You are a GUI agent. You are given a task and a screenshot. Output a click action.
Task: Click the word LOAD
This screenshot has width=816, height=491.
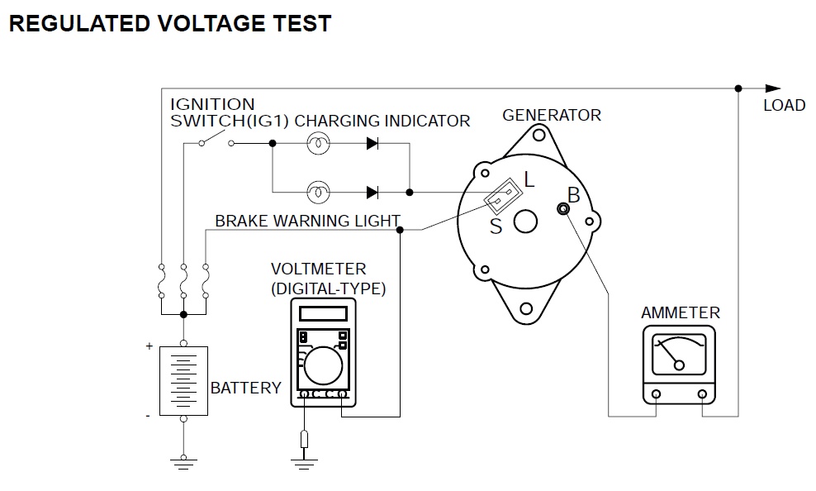coord(784,106)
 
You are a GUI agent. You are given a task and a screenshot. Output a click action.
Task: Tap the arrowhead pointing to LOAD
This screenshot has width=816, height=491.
coord(772,88)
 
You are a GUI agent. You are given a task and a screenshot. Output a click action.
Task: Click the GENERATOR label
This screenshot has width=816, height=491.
coord(552,115)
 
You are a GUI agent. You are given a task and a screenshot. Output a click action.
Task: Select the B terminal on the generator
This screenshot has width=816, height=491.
coord(564,210)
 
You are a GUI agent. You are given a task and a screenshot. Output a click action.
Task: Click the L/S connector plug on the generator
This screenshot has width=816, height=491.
coord(502,197)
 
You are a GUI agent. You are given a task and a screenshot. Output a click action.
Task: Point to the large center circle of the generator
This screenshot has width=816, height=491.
coord(525,222)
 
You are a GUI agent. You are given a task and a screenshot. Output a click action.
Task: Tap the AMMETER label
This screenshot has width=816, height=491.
coord(681,313)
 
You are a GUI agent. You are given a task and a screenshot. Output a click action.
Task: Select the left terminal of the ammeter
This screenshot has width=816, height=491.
coord(656,393)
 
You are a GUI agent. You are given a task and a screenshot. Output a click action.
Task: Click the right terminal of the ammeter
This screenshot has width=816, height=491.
coord(703,393)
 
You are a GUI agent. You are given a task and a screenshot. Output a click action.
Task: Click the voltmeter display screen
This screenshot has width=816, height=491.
coord(323,313)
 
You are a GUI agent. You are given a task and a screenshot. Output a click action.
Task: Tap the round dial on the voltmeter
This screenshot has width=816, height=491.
coord(324,365)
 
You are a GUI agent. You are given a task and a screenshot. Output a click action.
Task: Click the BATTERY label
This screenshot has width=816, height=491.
coord(246,388)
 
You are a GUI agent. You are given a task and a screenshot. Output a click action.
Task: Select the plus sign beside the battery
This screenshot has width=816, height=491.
coord(149,346)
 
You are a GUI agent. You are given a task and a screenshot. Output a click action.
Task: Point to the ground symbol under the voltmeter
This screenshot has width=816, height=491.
coord(305,460)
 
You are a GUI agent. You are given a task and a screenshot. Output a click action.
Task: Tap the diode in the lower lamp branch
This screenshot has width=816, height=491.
coord(372,193)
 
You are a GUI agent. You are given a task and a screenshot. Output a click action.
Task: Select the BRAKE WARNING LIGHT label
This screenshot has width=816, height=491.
coord(307,222)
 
